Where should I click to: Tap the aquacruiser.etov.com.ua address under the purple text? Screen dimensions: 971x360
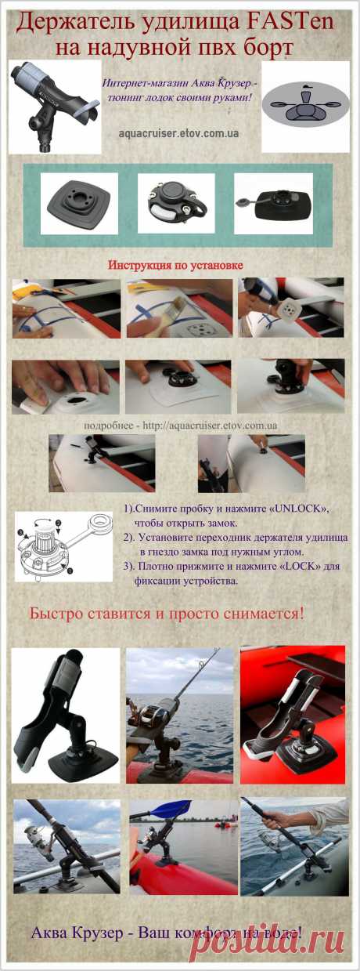(179, 134)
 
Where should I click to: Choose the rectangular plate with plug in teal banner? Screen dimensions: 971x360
(271, 205)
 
